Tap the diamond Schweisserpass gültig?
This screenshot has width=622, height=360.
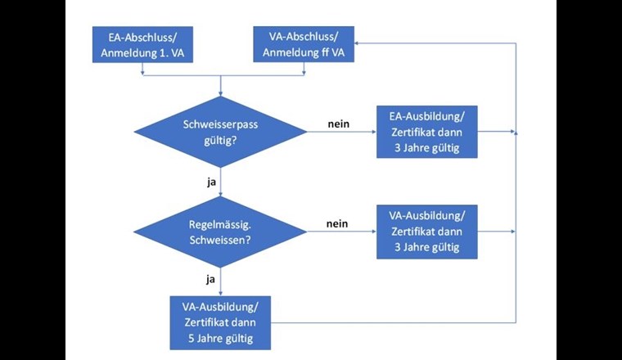[x=221, y=130]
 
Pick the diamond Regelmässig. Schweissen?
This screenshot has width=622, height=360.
[x=221, y=231]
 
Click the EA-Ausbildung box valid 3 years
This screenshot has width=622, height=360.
[x=426, y=131]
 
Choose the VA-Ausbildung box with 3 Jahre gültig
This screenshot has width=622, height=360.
[x=426, y=232]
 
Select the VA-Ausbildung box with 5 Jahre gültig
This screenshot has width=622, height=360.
[x=220, y=322]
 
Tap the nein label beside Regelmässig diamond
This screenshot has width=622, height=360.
[x=337, y=223]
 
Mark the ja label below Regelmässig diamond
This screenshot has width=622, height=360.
[x=210, y=280]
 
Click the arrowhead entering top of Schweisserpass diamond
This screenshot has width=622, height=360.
[x=221, y=92]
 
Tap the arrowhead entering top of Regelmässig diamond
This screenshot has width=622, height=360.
[x=221, y=193]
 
